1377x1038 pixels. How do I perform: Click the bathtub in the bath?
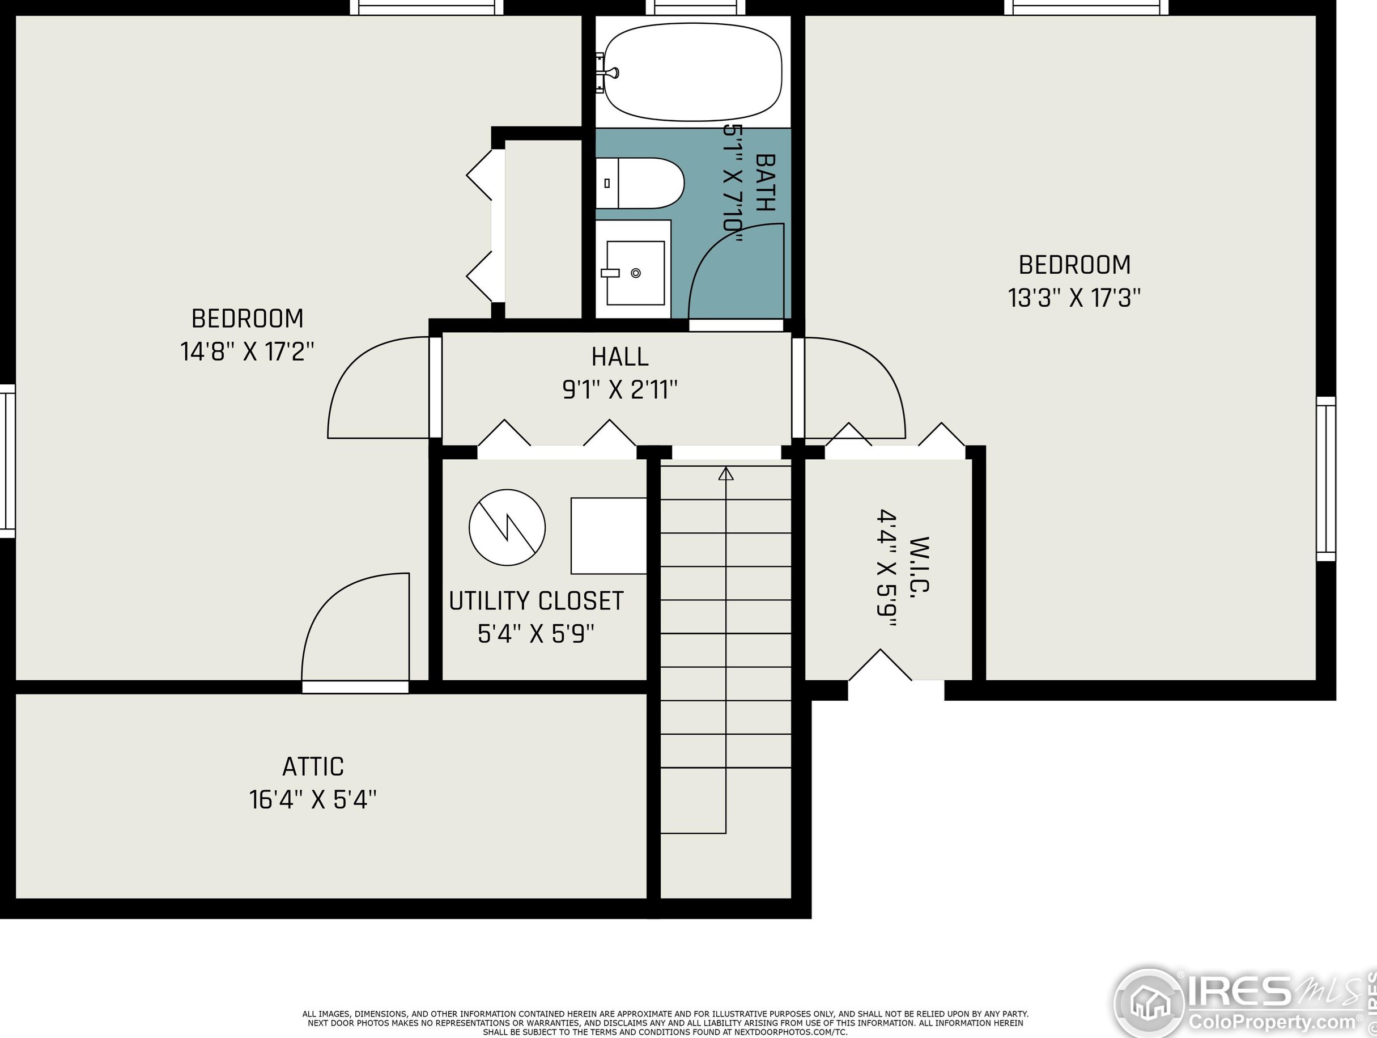693,72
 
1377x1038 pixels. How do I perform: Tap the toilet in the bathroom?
639,183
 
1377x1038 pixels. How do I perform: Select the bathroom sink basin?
635,273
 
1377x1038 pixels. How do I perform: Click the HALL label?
619,357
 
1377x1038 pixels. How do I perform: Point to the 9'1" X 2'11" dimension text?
619,391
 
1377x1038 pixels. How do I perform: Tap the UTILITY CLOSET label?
536,601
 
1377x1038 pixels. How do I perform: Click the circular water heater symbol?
507,527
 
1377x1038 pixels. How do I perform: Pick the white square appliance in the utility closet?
609,536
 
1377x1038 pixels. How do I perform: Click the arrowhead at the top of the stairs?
726,474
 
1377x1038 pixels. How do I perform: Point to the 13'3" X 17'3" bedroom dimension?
1074,298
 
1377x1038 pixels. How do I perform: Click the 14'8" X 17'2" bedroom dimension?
247,352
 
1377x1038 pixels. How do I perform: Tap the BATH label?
765,183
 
